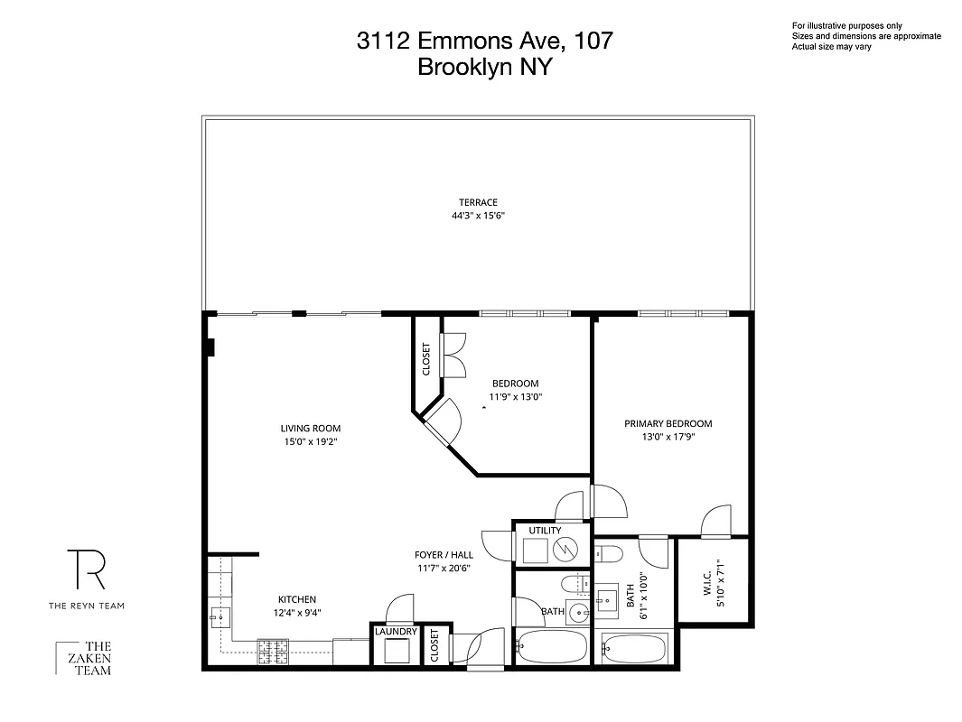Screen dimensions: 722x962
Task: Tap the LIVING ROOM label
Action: (x=310, y=429)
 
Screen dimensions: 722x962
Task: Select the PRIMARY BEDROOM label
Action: (x=668, y=423)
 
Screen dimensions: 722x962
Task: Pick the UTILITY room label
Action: (x=545, y=530)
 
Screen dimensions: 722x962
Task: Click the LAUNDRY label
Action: (x=396, y=632)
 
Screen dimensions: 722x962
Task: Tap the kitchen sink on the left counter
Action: (x=219, y=616)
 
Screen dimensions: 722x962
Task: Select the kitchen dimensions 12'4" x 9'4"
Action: (x=296, y=613)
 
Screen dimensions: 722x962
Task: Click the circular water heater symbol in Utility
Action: (x=565, y=547)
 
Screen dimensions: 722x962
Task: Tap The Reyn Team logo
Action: (x=86, y=578)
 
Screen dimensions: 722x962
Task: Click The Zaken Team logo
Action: (x=85, y=658)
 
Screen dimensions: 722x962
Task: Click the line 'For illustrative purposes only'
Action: (x=846, y=25)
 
